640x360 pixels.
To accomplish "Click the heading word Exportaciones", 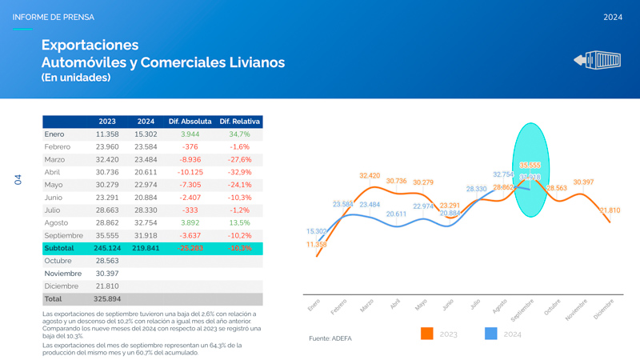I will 90,45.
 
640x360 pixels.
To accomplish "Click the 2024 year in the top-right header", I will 612,17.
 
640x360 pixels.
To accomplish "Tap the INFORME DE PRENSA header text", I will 53,17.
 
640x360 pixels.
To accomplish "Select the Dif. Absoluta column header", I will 190,122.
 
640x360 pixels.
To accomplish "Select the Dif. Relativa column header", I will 240,122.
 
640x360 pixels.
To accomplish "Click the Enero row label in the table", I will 54,134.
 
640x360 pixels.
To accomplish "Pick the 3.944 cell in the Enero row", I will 190,134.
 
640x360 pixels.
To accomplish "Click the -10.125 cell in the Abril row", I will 190,172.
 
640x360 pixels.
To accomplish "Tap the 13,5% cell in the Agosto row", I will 240,222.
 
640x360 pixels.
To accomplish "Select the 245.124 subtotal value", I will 106,248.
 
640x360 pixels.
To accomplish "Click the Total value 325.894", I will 106,298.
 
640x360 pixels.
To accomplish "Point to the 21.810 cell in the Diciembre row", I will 106,286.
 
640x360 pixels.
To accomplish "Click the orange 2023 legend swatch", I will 426,334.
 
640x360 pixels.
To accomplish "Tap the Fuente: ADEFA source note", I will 330,338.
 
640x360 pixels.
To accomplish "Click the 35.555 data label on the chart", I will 530,166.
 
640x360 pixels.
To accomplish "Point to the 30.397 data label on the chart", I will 583,182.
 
